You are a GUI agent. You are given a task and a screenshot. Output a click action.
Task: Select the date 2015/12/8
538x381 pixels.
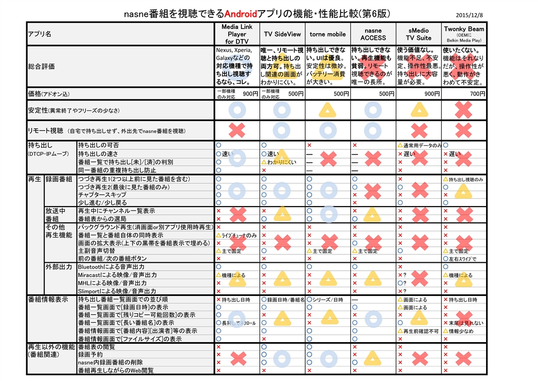point(469,15)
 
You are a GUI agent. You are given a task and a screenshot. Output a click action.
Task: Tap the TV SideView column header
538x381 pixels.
point(282,34)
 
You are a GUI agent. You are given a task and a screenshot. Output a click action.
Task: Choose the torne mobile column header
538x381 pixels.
point(327,34)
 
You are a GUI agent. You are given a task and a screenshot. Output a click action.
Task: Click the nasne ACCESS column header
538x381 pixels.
point(373,34)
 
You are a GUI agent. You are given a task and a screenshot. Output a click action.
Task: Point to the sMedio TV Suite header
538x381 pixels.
point(418,34)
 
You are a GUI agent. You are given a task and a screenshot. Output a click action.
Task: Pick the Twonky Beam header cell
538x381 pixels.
point(463,34)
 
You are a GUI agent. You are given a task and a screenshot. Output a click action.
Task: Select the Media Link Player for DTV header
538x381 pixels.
point(237,34)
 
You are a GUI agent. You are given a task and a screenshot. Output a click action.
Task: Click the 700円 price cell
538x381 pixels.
point(478,94)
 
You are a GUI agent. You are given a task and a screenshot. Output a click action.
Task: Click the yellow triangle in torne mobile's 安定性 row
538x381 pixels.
point(328,110)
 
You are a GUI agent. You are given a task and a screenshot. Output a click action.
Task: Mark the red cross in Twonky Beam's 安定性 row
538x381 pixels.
point(463,110)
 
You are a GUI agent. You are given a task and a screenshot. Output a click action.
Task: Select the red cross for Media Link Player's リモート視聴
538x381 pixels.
point(237,130)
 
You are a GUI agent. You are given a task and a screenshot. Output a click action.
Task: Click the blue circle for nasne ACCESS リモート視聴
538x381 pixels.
point(373,130)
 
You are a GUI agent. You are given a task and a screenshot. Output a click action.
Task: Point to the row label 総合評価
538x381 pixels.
point(42,67)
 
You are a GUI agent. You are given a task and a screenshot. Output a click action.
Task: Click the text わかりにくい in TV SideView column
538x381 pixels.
point(284,162)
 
